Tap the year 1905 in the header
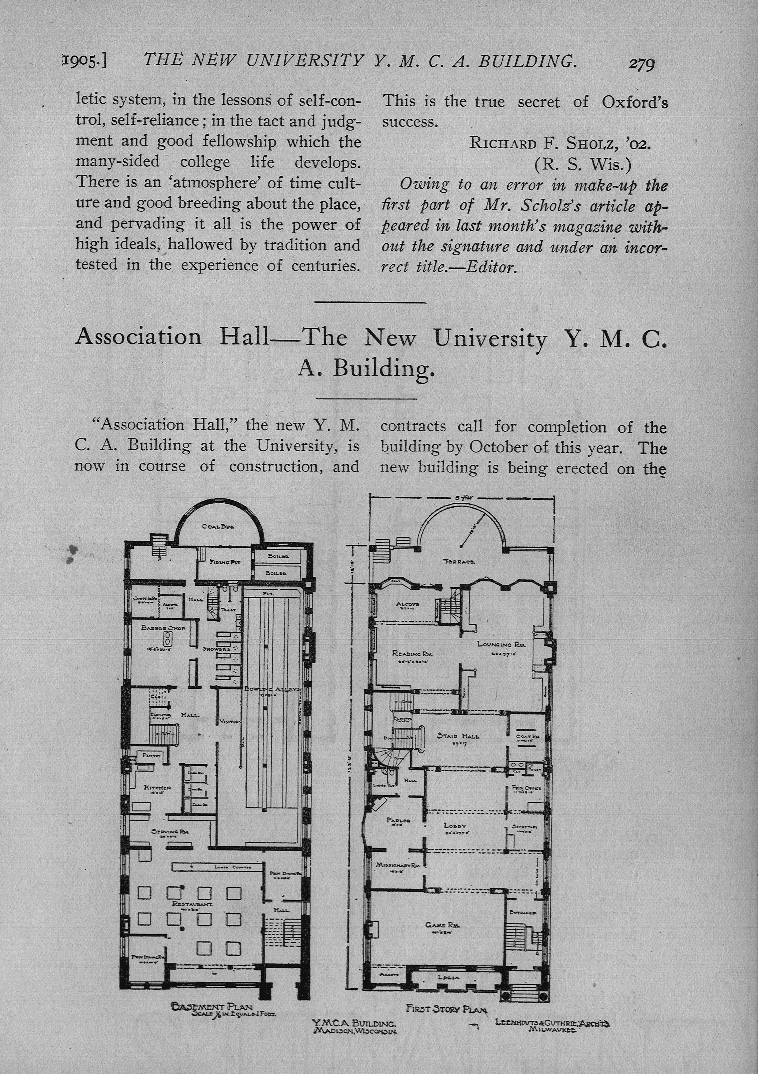coord(84,61)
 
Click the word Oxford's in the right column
coord(635,102)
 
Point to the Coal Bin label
coord(218,526)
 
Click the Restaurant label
coord(193,904)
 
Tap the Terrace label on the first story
coord(459,561)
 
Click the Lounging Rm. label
coord(501,644)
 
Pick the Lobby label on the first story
coord(455,826)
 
